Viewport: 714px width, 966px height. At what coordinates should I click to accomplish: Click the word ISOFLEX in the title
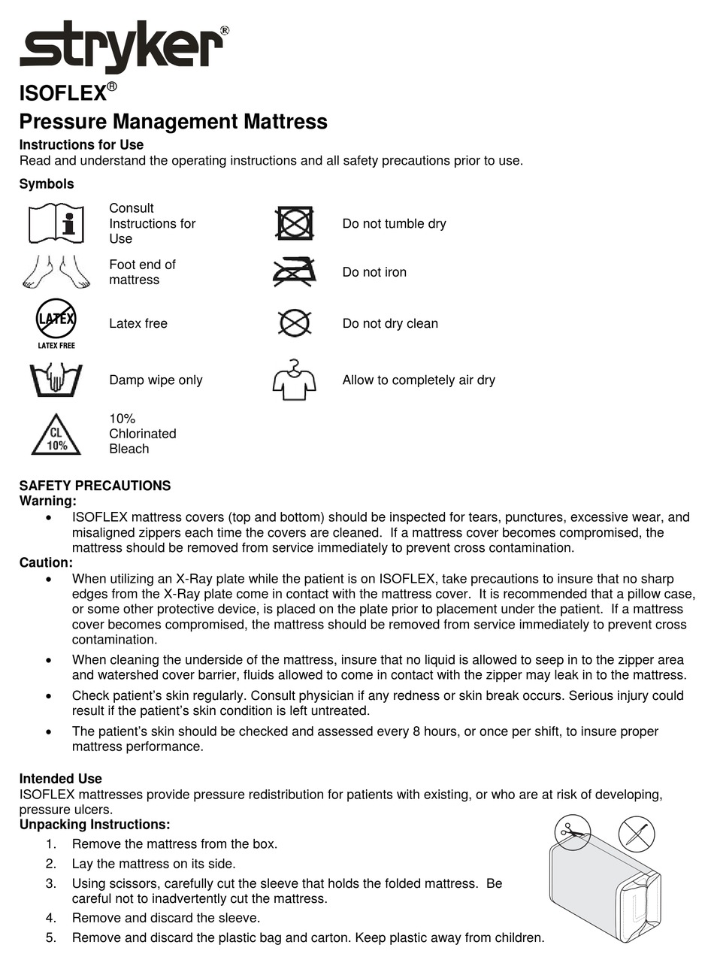62,94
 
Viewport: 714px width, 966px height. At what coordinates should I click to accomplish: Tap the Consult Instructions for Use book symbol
56,223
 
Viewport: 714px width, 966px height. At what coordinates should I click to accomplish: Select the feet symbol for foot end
56,272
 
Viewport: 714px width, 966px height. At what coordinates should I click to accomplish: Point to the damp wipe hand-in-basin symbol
56,380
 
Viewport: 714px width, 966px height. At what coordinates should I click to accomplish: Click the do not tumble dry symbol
295,223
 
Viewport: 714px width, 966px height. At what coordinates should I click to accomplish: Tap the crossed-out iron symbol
295,272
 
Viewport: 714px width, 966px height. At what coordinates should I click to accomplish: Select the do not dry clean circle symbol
295,323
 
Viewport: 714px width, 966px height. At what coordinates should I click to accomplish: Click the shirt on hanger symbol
294,380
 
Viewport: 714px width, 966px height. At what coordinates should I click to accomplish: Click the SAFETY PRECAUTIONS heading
95,486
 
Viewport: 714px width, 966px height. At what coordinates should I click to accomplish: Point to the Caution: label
46,562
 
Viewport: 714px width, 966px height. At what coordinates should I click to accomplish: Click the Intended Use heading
60,779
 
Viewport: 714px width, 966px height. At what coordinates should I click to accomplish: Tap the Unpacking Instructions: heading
95,825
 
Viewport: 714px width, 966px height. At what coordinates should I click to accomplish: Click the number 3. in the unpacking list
51,883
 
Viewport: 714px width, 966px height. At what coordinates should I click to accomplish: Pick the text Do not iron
374,272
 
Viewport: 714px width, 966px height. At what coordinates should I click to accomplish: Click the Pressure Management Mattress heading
173,122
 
